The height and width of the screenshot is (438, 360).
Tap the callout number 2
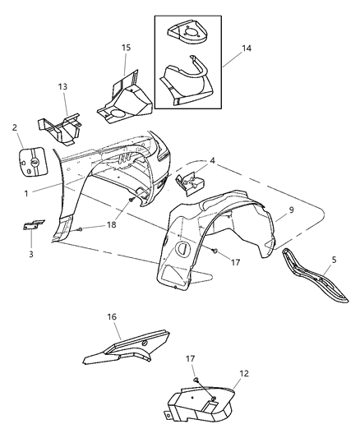[x=15, y=127]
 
